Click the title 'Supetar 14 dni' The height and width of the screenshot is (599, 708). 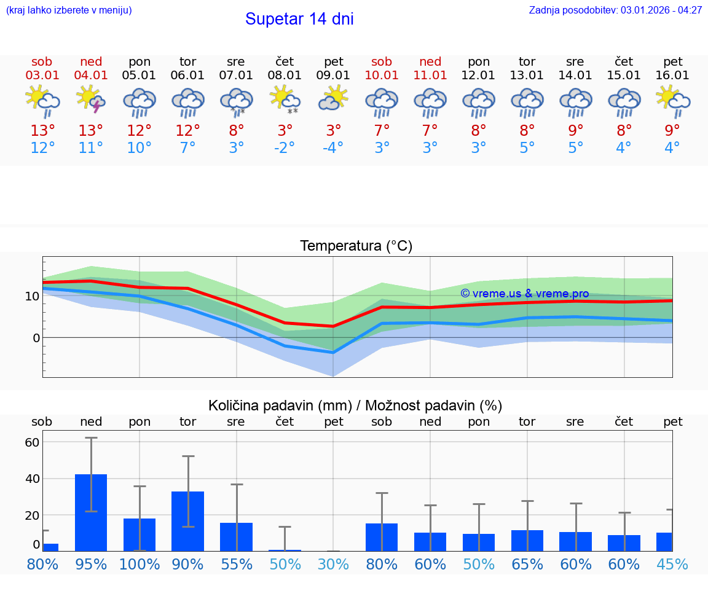[299, 19]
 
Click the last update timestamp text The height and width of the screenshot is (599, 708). [615, 10]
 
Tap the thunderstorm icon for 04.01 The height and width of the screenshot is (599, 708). [91, 100]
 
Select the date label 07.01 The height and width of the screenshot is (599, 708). [236, 76]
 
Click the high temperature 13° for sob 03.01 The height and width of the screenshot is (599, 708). [42, 130]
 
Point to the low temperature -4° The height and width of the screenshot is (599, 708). [333, 148]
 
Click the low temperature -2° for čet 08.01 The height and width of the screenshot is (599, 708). [284, 148]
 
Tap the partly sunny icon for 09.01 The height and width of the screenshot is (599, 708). [333, 98]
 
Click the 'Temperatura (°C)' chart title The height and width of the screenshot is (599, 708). [356, 246]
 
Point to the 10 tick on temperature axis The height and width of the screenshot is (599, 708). [32, 296]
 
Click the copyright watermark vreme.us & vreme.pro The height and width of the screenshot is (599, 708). [524, 294]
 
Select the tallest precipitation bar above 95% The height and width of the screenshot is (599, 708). [91, 512]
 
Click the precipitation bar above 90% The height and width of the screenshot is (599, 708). [187, 521]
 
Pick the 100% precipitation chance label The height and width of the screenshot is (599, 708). [140, 565]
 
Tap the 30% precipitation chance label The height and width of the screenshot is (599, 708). [333, 565]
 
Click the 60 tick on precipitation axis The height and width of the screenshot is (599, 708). [32, 442]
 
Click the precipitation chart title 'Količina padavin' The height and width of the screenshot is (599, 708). [355, 405]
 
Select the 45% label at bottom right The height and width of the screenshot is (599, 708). [672, 565]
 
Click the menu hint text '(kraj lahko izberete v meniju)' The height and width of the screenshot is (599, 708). [69, 10]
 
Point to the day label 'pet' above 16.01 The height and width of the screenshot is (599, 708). [673, 61]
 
